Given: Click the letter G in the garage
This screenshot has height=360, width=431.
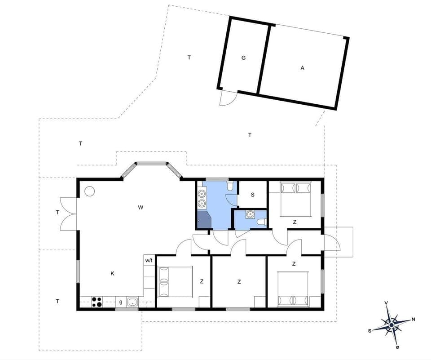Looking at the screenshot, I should point(243,58).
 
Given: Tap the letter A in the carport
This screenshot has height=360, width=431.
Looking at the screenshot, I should point(303,68).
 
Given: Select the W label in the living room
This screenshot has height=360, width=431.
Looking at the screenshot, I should point(141,207).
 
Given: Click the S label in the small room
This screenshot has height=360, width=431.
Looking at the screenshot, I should point(253,195).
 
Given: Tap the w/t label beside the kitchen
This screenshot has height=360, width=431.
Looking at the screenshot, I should point(149,260).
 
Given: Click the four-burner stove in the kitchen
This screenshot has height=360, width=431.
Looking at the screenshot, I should point(97,302).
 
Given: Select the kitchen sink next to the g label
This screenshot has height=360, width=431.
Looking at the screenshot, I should point(132,302).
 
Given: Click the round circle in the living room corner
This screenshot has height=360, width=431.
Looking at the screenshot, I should point(89,191).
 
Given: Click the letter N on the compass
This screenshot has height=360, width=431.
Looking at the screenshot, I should point(413,320).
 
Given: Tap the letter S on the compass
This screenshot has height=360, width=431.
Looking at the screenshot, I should point(370,330).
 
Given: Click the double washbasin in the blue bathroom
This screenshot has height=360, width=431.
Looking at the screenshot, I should point(202,199).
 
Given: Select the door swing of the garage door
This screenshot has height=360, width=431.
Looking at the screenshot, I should point(227,98).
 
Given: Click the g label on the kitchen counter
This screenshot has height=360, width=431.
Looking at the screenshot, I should point(120,302).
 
